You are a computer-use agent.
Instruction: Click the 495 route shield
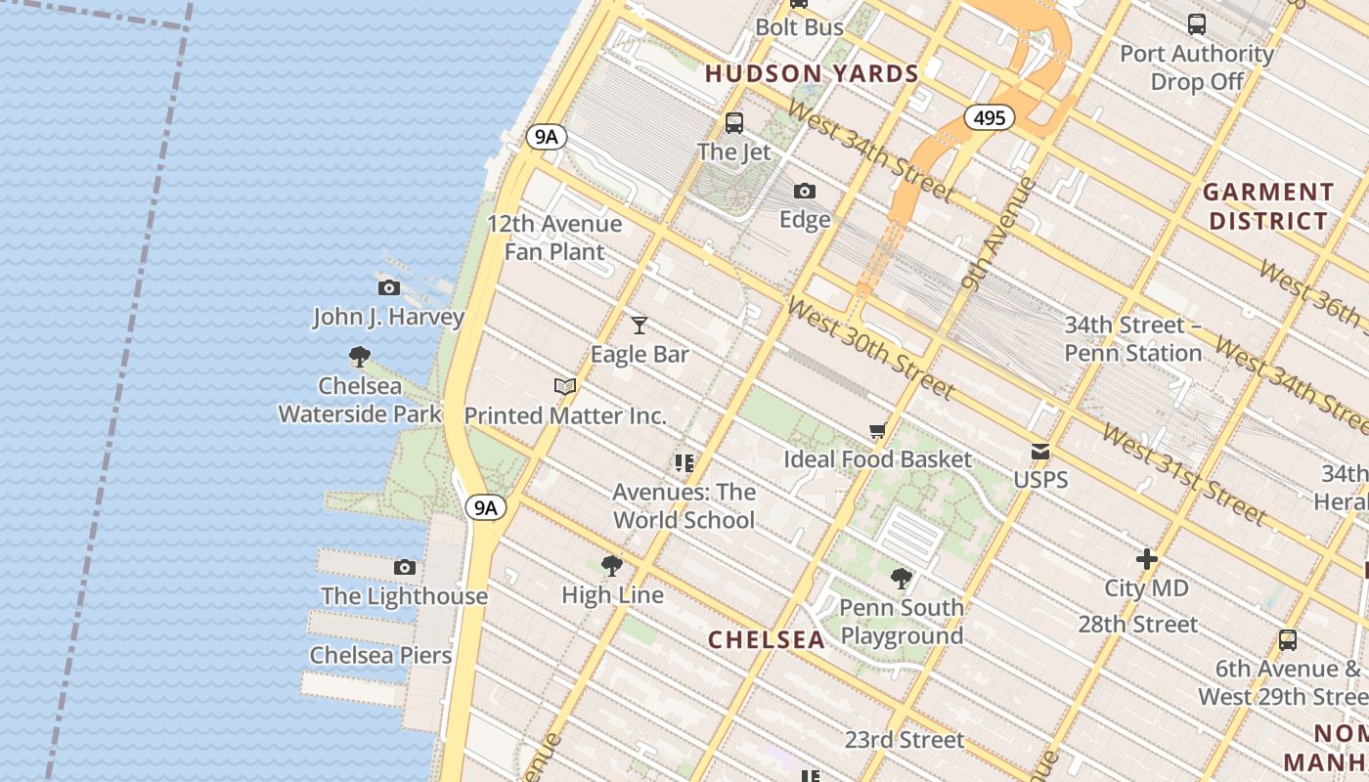point(989,118)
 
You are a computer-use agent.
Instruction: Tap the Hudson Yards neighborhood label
point(812,73)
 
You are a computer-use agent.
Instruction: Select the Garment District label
point(1268,205)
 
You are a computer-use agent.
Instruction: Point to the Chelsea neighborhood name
point(767,639)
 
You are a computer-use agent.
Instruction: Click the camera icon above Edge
point(805,191)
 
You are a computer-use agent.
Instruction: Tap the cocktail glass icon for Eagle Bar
point(640,325)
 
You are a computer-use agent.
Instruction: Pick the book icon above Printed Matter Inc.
point(565,386)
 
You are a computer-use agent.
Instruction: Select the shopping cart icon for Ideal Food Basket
point(877,431)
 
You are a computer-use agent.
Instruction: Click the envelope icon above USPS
point(1040,452)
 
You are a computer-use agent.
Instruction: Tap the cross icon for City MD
point(1146,559)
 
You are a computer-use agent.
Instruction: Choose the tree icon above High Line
point(612,566)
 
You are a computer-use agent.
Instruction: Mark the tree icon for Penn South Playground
point(902,579)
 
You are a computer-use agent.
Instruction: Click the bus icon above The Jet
point(734,123)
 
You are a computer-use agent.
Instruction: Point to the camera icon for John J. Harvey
point(388,287)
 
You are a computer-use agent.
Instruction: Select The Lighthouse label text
point(404,595)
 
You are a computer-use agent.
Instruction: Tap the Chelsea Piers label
point(380,655)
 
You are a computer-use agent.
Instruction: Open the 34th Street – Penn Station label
point(1132,338)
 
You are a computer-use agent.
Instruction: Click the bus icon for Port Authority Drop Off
point(1196,24)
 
